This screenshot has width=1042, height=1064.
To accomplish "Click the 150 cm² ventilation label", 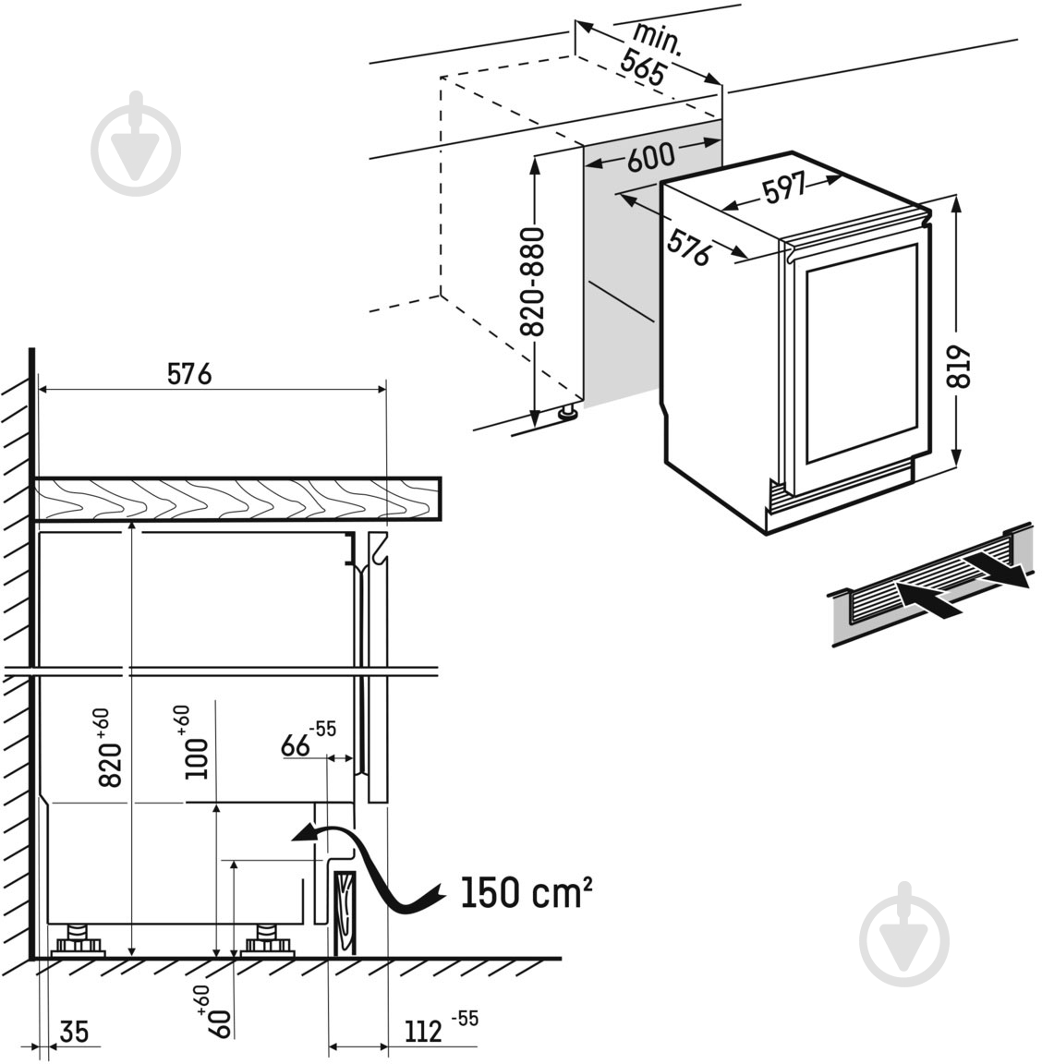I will pyautogui.click(x=526, y=893).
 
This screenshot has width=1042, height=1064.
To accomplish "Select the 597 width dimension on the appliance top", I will pyautogui.click(x=783, y=190).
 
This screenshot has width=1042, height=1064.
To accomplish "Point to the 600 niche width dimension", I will pyautogui.click(x=650, y=158).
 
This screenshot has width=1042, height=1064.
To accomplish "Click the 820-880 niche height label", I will pyautogui.click(x=533, y=283).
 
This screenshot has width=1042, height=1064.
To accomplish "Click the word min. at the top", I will pyautogui.click(x=657, y=40).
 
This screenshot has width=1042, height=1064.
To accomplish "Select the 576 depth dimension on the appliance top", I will pyautogui.click(x=689, y=248).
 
